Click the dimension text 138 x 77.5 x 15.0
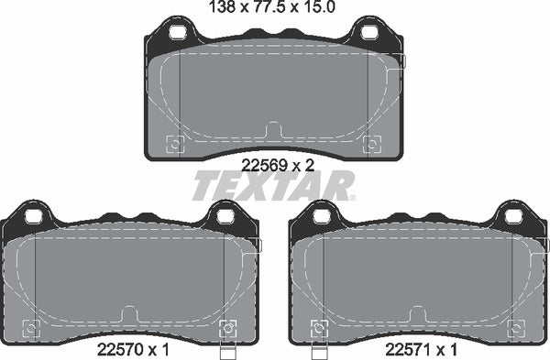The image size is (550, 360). pos(272,9)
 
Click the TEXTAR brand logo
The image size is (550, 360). pos(273,186)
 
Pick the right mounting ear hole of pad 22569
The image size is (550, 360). pos(368,34)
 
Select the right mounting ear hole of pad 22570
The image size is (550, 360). pos(224,217)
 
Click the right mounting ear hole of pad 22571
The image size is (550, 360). pos(511,217)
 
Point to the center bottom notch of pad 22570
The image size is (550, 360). pos(129,314)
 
